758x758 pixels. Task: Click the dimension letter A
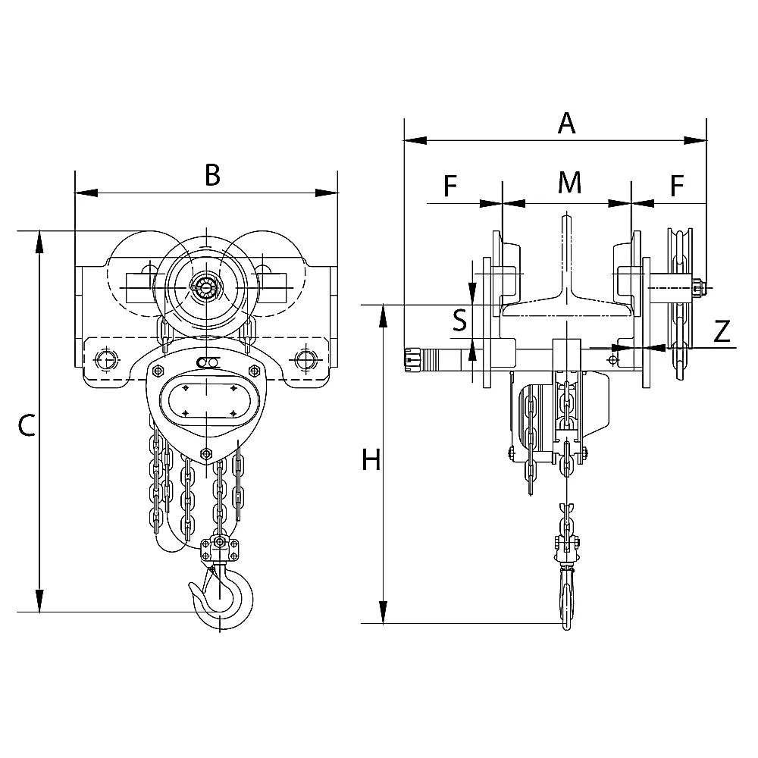click(x=566, y=123)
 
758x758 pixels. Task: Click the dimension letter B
click(x=213, y=175)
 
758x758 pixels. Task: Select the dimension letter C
click(x=26, y=425)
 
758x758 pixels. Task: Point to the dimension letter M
click(x=569, y=182)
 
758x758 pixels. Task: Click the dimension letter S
click(x=460, y=320)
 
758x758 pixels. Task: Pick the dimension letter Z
click(x=722, y=332)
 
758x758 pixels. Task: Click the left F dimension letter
click(x=450, y=186)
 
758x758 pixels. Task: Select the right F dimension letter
click(x=677, y=185)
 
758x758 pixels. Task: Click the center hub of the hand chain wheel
click(x=206, y=290)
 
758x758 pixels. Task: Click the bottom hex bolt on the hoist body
click(x=206, y=453)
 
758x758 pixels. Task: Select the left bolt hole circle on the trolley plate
click(x=106, y=359)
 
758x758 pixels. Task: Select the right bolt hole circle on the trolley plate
click(x=306, y=359)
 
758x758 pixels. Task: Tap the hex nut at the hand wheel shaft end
click(x=699, y=288)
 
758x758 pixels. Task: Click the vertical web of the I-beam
click(x=566, y=257)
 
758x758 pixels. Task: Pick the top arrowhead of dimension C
click(x=39, y=242)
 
